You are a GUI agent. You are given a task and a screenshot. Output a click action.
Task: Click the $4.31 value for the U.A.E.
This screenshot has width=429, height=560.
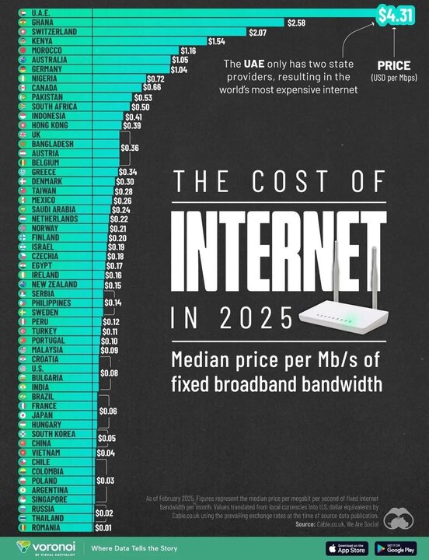click(x=396, y=13)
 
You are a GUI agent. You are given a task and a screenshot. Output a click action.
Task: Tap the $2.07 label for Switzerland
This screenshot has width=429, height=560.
click(x=258, y=32)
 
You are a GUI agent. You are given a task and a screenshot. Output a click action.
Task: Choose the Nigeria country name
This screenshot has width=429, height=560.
click(x=44, y=79)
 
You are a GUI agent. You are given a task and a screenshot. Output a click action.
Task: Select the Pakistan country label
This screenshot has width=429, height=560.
click(x=46, y=97)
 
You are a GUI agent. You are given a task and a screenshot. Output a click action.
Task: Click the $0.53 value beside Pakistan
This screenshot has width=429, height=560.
click(x=142, y=97)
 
